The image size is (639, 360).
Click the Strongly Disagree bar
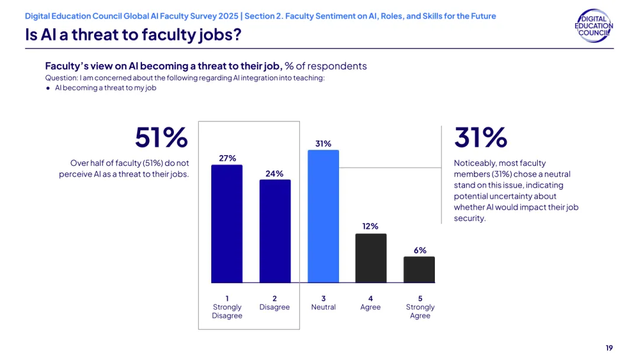click(x=227, y=223)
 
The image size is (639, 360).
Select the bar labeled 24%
click(x=275, y=231)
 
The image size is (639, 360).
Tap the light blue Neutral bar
click(x=323, y=216)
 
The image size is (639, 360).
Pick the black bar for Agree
click(x=371, y=258)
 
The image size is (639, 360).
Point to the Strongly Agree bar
click(x=419, y=269)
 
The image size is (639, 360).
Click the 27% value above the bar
click(x=227, y=158)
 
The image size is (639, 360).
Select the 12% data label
click(x=370, y=226)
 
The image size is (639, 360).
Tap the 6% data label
click(x=420, y=250)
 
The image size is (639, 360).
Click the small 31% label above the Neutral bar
click(x=323, y=143)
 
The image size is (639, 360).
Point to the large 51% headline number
click(x=162, y=137)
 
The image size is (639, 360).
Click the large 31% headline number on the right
click(x=481, y=137)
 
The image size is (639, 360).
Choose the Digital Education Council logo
click(x=594, y=25)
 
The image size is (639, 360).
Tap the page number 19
click(x=609, y=348)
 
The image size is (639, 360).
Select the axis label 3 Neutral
click(x=324, y=303)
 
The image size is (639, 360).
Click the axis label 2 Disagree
click(x=275, y=303)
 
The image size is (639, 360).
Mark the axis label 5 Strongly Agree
click(x=420, y=307)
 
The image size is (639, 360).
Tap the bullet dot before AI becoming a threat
click(x=48, y=88)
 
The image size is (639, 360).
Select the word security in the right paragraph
click(x=469, y=218)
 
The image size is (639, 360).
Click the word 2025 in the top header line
click(x=228, y=16)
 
